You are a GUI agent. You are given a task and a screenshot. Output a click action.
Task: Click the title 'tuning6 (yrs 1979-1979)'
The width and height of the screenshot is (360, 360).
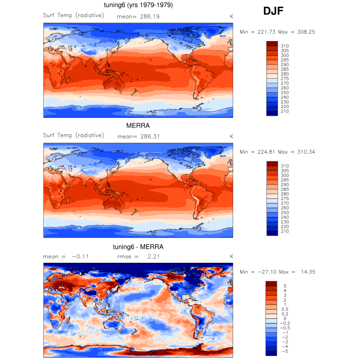[138, 5]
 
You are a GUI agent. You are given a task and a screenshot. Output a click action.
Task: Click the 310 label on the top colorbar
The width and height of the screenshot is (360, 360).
[284, 46]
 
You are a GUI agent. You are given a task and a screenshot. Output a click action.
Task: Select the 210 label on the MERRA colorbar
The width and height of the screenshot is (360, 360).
[284, 231]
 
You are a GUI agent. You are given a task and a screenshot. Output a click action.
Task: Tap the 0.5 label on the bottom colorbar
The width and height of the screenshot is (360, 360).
[284, 309]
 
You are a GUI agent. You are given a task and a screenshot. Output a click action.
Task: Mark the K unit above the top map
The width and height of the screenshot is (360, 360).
[231, 16]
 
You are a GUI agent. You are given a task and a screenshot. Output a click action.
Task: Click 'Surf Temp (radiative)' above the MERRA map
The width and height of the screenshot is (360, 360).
[74, 135]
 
